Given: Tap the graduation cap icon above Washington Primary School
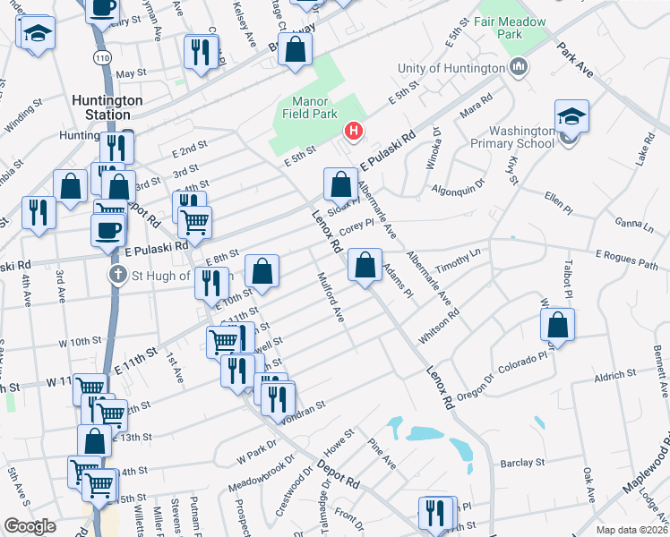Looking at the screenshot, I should [x=571, y=116].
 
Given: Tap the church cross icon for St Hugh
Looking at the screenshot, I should [x=117, y=275].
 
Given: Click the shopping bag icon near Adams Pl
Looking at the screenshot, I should [x=365, y=266].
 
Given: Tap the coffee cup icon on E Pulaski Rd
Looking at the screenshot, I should [x=107, y=229].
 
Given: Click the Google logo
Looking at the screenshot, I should [x=30, y=525].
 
